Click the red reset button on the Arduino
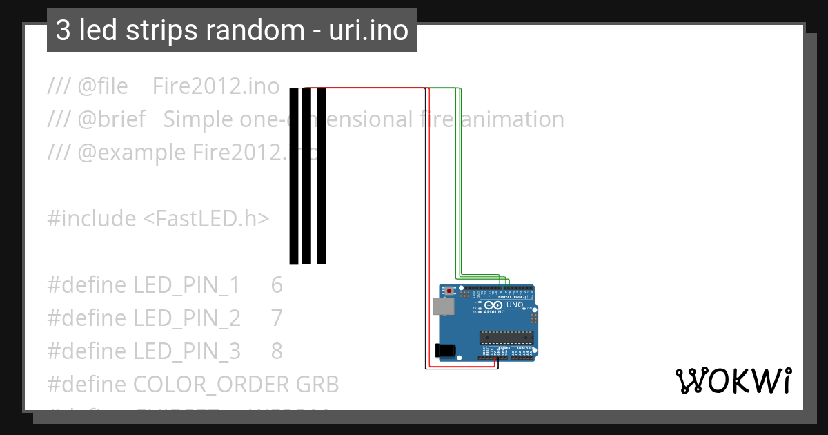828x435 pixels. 449,291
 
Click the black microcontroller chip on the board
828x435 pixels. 507,337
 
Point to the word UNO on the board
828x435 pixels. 515,304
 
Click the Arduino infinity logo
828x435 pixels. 493,305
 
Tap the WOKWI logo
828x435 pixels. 733,380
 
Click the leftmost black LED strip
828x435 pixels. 294,176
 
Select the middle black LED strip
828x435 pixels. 307,176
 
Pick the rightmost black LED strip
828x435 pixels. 322,176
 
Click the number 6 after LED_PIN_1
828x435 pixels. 277,285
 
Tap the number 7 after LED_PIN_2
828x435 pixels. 277,318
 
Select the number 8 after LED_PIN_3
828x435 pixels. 277,351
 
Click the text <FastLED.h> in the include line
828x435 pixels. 206,219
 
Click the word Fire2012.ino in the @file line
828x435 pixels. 216,86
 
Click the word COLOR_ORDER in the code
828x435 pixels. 212,385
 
